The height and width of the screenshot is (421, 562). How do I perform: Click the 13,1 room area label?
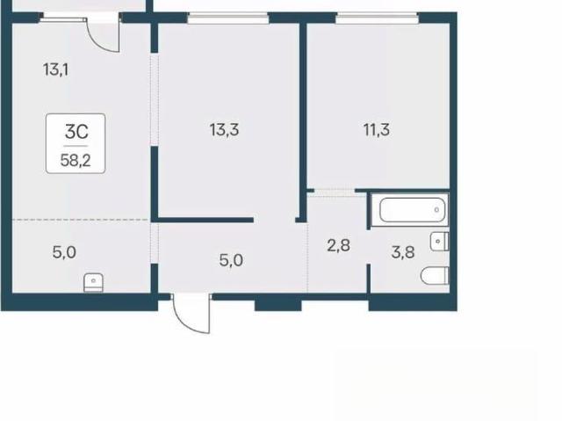coord(55,69)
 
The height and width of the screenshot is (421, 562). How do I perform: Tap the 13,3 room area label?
coord(225,129)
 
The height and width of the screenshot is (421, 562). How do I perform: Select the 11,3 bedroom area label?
coord(377,129)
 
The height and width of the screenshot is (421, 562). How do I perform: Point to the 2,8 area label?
coord(338,245)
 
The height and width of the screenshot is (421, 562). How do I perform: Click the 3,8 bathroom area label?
coord(403,252)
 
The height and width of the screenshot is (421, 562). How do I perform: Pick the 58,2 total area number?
coord(76,160)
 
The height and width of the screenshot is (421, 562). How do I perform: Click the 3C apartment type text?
coord(76,132)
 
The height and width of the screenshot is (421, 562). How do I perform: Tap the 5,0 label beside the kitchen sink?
coord(64,252)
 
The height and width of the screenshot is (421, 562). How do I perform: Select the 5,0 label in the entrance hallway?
coord(231,260)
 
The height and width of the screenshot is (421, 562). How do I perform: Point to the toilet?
coord(435,275)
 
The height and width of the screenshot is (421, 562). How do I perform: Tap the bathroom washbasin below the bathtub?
coord(439,241)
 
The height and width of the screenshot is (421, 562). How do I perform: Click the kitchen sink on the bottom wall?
coord(94,283)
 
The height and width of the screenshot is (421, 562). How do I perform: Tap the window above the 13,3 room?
coord(228,18)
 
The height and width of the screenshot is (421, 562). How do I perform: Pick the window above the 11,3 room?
coord(377,18)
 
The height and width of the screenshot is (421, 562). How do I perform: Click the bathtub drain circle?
coord(436,210)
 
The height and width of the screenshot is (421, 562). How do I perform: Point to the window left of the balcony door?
coord(63,18)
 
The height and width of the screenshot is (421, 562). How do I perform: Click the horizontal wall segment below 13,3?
coord(205,220)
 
